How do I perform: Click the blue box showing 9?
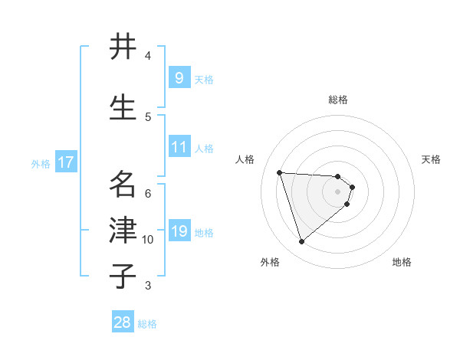click(x=179, y=77)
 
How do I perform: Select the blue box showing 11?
click(x=179, y=146)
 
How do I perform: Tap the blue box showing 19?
click(x=179, y=231)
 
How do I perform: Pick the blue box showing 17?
click(x=65, y=162)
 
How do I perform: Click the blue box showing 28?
click(x=123, y=322)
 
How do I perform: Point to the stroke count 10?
click(x=148, y=240)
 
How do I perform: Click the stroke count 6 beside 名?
click(x=148, y=192)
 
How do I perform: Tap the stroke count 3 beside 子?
click(x=148, y=286)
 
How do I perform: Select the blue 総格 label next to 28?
click(x=147, y=324)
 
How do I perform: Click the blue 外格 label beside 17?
click(x=41, y=163)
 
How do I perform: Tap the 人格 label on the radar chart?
click(x=245, y=159)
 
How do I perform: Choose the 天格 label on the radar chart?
click(x=432, y=159)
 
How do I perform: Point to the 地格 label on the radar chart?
click(x=402, y=262)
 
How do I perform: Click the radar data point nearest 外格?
click(x=301, y=242)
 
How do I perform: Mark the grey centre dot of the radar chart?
click(x=338, y=201)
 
